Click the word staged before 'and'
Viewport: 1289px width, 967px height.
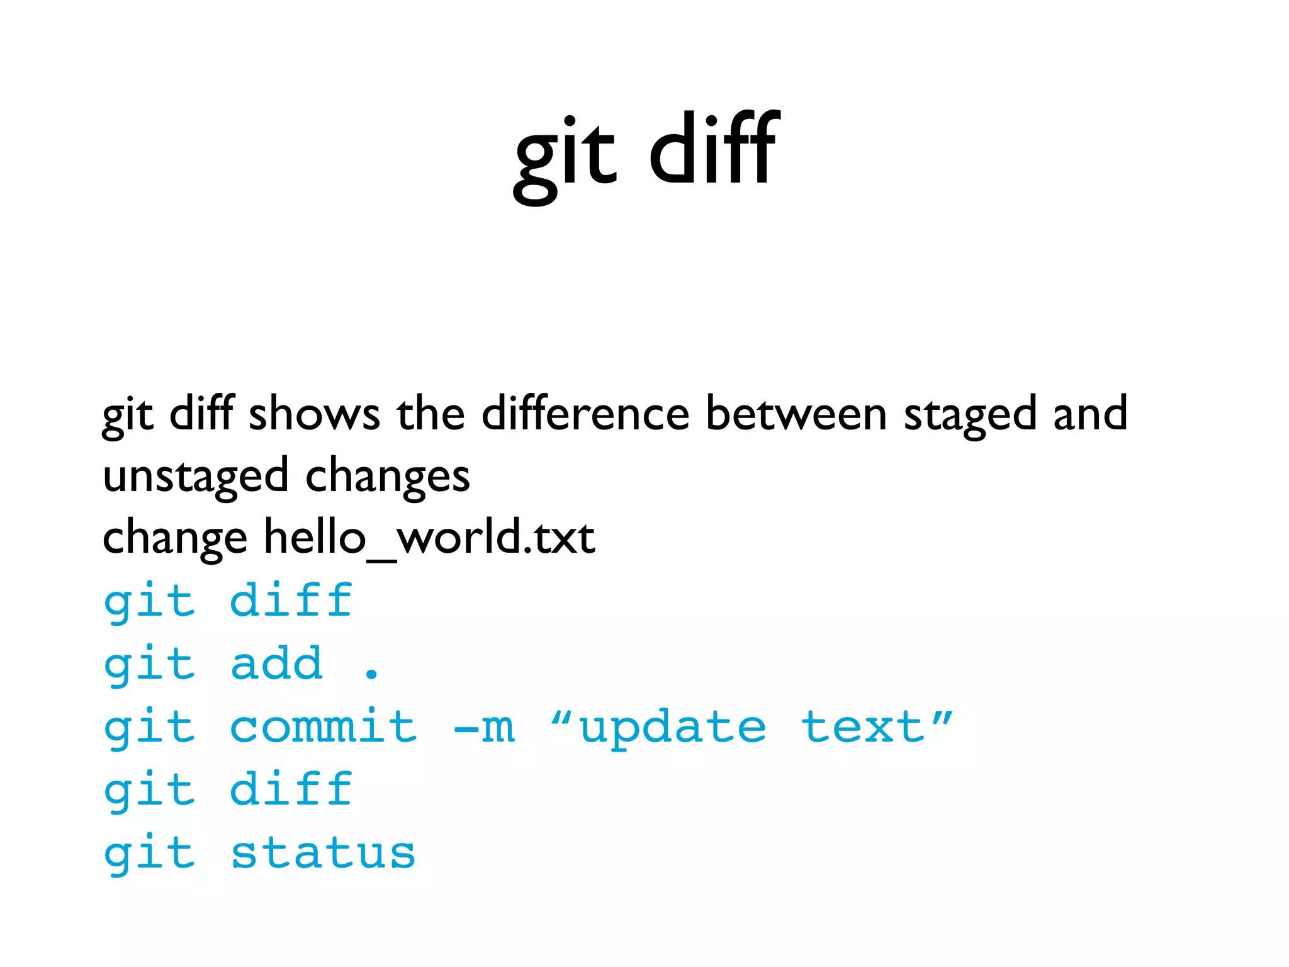970,416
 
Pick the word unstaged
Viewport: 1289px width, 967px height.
195,477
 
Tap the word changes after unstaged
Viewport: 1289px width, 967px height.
388,477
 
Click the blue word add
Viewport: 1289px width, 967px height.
277,664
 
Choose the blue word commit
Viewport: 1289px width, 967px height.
323,727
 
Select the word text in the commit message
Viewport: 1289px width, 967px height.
864,727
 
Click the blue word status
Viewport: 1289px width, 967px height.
323,854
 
